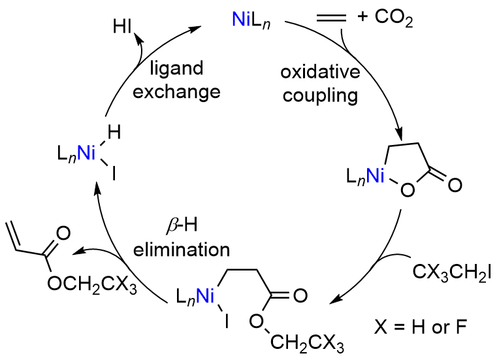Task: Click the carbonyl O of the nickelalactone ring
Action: (x=455, y=186)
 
